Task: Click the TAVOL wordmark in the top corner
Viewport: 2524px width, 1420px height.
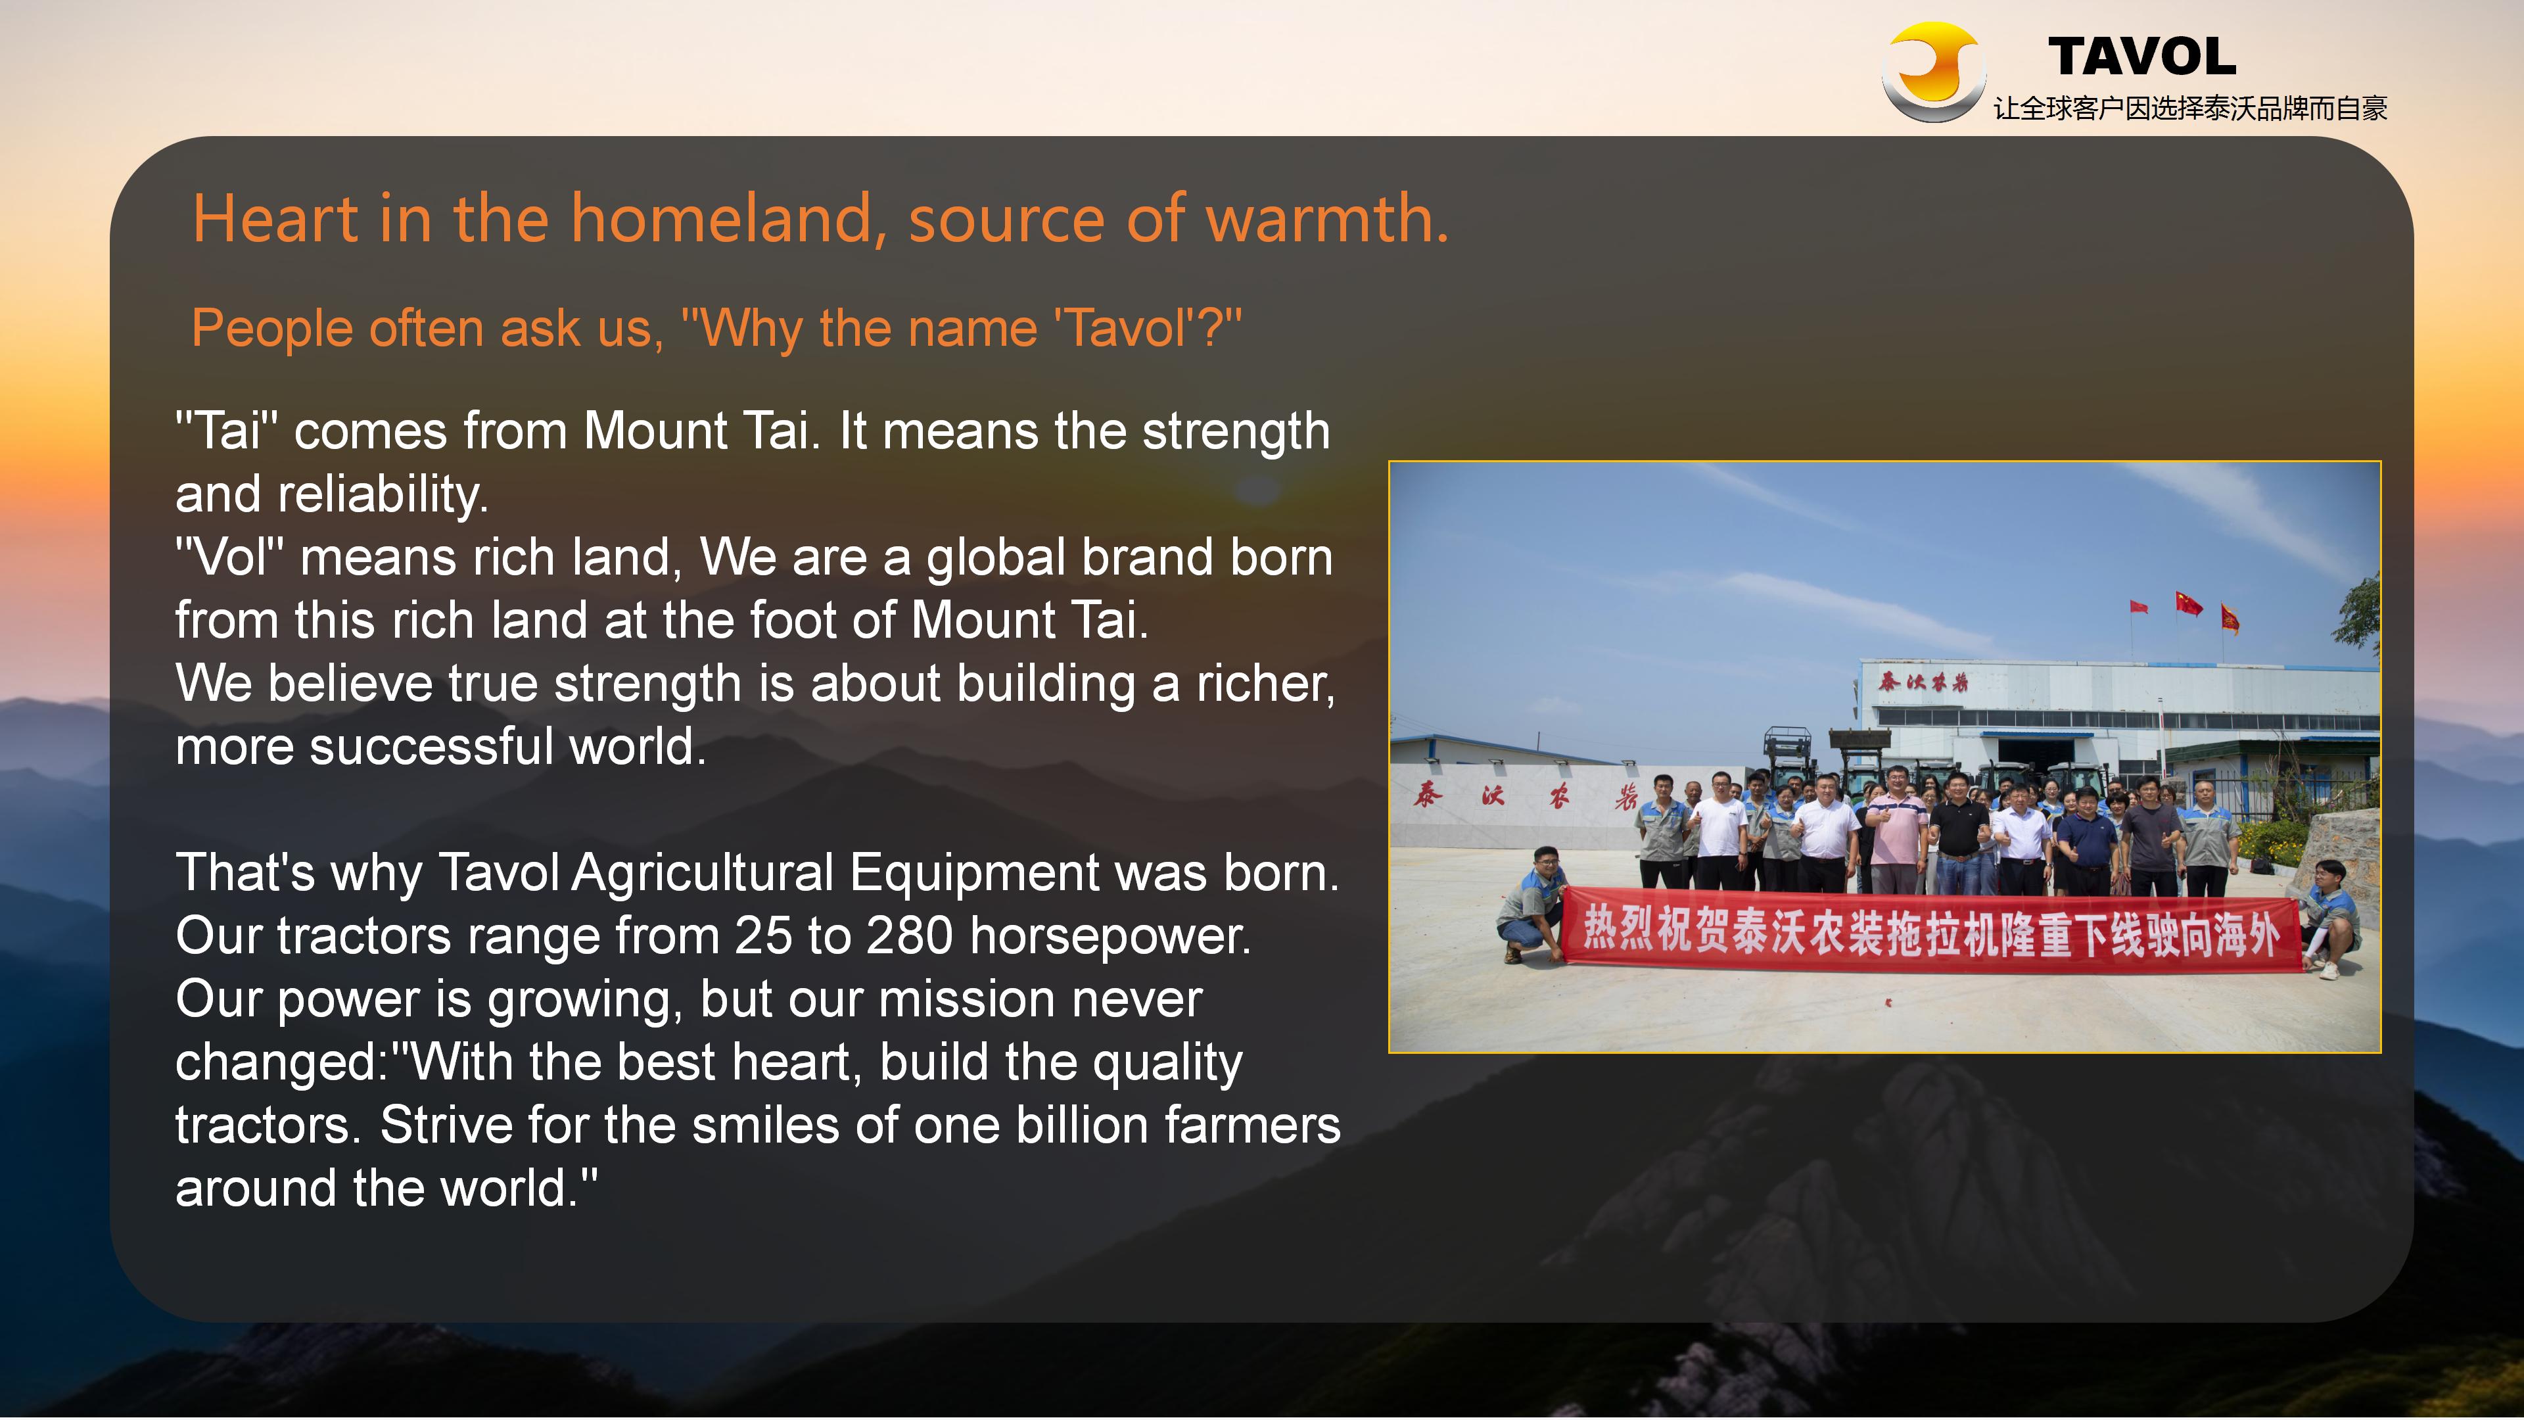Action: click(x=2142, y=57)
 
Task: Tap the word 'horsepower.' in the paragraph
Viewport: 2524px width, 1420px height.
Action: click(x=1110, y=937)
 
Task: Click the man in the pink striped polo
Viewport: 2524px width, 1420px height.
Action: click(x=1895, y=833)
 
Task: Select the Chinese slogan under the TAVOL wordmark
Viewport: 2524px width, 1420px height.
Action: click(x=2190, y=108)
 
